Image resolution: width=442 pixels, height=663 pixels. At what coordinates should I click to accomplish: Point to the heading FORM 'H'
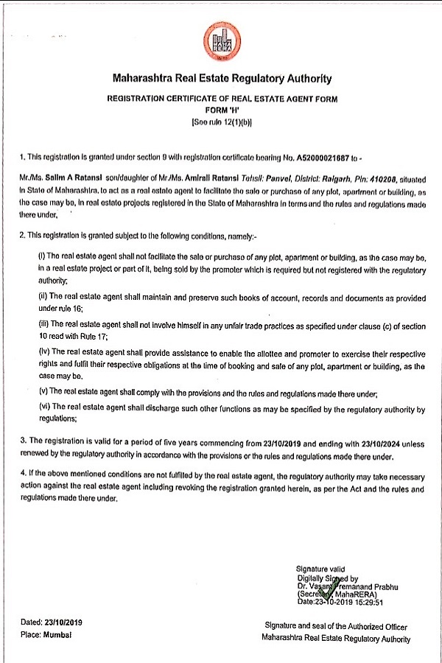221,110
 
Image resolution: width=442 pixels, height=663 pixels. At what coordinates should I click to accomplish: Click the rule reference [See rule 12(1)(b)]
221,122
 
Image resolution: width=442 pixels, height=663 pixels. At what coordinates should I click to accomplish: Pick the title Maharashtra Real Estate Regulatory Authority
221,78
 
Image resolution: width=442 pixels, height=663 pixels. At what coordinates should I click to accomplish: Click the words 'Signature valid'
319,569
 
